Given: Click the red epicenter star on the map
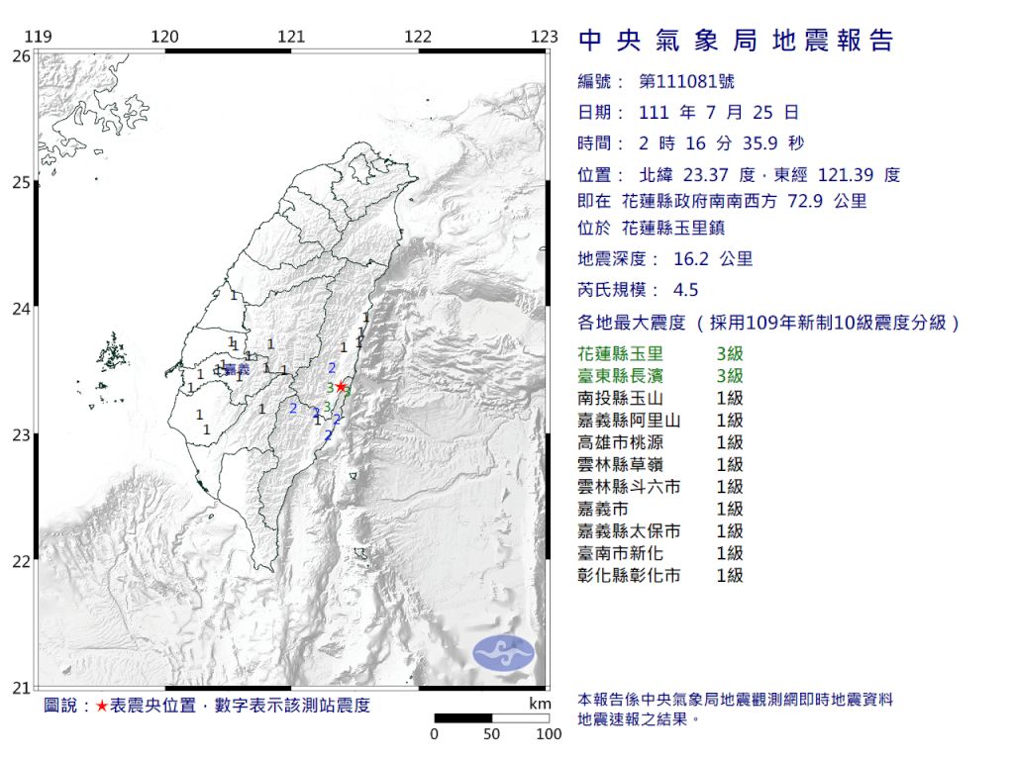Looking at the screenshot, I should point(341,386).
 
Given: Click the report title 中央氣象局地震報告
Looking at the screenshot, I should point(736,41).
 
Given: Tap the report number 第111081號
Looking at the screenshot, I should point(687,82).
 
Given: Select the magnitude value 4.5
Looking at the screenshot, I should point(685,290).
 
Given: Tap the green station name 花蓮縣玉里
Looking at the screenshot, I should point(621,354).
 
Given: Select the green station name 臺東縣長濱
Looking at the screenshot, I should point(621,376).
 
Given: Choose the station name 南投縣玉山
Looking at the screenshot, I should point(621,398).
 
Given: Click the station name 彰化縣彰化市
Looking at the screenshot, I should point(629,575).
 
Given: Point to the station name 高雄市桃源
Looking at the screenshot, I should point(621,442).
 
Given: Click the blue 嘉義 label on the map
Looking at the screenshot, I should point(236,370).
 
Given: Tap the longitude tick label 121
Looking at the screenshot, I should point(291,38).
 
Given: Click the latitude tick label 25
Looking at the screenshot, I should point(20,182).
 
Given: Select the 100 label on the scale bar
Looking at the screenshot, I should point(549,734).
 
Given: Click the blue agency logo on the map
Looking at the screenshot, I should point(503,652).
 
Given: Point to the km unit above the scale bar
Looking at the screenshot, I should point(540,704).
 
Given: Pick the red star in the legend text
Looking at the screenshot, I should point(102,706).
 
